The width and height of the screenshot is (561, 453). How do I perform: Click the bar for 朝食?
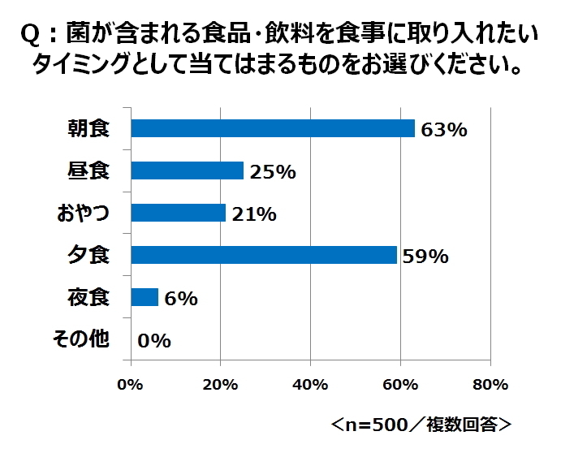273,128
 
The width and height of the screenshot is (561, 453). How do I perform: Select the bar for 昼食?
188,170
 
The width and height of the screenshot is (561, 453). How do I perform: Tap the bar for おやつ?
179,213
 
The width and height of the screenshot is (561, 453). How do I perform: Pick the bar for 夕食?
264,255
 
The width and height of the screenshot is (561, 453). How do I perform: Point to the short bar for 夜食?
145,297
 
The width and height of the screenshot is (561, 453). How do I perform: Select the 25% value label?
274,172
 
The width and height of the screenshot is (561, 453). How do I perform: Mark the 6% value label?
179,299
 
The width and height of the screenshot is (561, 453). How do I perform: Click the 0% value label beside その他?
154,341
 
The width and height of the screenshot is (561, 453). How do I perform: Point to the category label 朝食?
88,128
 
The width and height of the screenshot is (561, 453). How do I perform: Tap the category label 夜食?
88,297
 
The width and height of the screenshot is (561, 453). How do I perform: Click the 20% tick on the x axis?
220,384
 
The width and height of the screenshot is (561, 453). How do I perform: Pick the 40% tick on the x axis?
310,384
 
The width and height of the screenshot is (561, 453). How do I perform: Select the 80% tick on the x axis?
490,384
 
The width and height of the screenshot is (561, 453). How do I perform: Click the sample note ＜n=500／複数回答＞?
421,425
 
